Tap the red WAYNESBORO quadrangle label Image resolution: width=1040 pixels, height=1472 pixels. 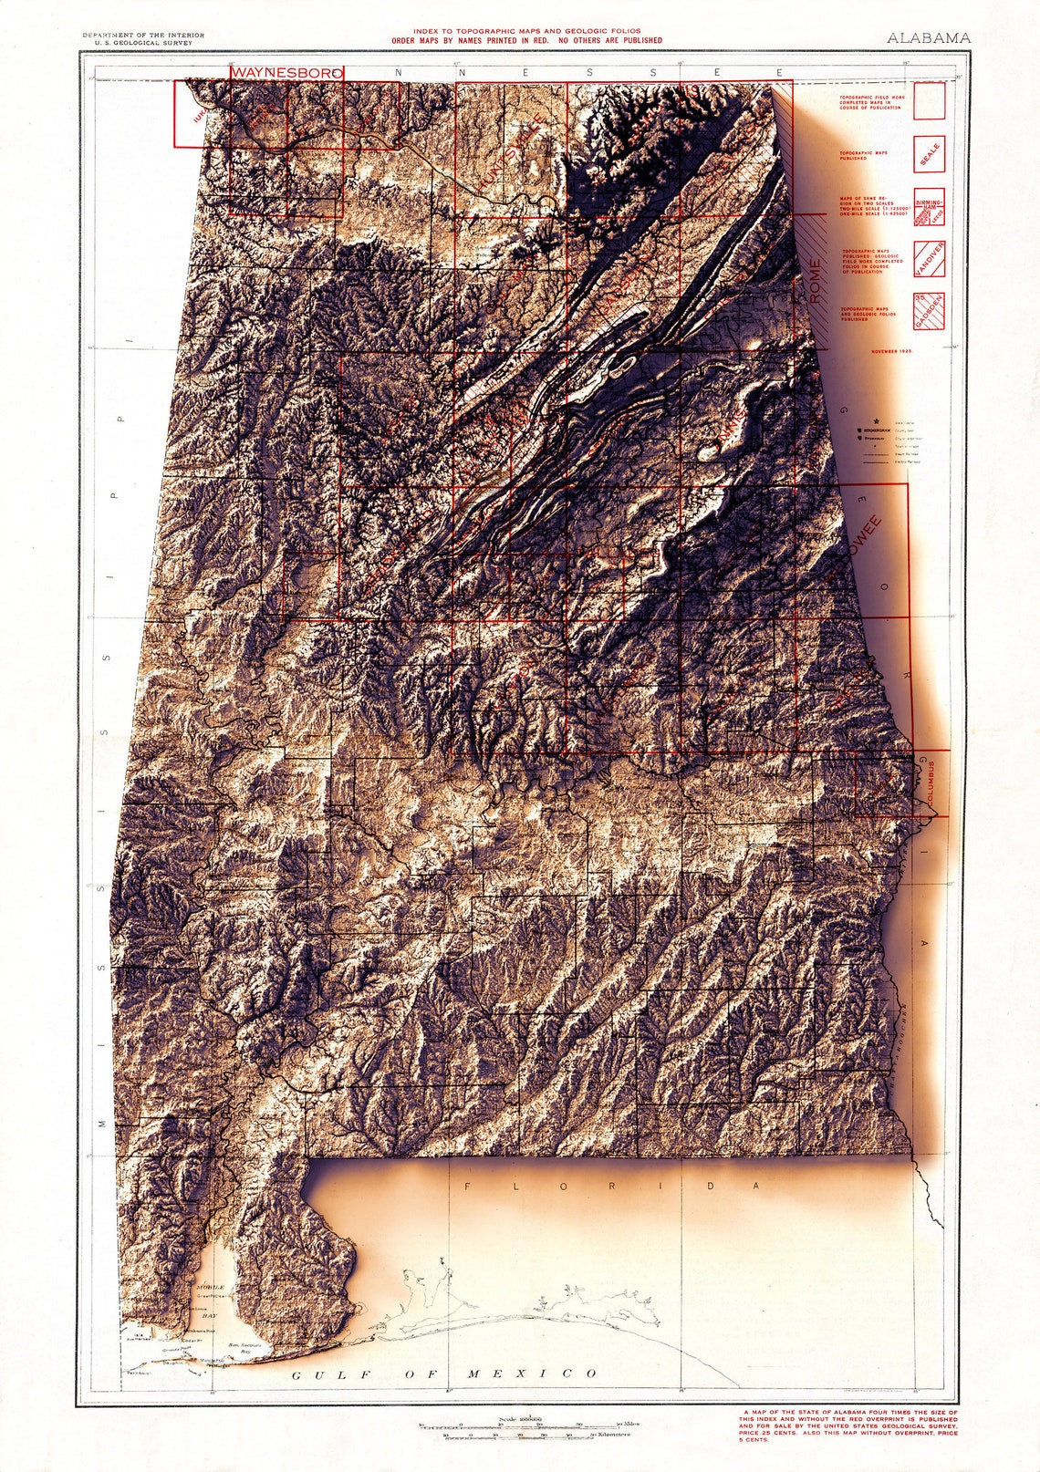coord(286,71)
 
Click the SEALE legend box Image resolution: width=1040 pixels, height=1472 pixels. coord(929,155)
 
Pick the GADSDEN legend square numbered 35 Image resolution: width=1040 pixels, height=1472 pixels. coord(929,310)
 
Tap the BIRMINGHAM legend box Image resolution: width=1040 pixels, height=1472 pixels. coord(929,207)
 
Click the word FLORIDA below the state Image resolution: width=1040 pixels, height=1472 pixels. coord(611,1186)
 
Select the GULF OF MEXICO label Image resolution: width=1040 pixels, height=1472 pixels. coord(443,1374)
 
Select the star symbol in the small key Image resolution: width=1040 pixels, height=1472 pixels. coord(876,420)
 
